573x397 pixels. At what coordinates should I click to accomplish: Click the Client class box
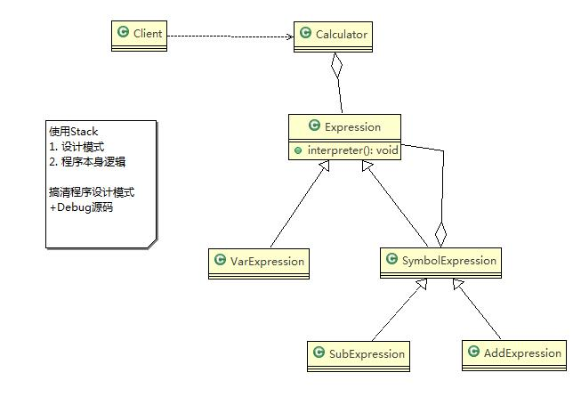point(139,36)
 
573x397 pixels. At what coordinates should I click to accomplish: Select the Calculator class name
point(342,35)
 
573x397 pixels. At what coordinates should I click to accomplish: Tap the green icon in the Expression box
point(314,126)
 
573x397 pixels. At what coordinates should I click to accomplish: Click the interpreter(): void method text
point(352,150)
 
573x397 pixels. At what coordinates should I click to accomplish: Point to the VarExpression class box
point(259,263)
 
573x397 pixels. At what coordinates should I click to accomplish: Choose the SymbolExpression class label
point(449,260)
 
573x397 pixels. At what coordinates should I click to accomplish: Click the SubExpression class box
point(359,356)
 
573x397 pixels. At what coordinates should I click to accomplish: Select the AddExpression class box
point(514,355)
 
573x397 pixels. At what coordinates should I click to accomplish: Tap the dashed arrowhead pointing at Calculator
point(290,36)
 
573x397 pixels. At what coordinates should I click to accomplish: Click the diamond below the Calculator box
point(336,66)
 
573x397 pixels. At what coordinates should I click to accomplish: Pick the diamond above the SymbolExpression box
point(440,235)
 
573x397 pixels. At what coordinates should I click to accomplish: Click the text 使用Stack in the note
point(74,132)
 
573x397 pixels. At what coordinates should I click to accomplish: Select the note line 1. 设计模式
point(77,147)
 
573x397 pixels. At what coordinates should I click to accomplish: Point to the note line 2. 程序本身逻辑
point(87,162)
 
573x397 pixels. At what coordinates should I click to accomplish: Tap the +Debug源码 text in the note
point(81,207)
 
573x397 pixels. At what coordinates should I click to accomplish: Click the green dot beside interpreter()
point(298,150)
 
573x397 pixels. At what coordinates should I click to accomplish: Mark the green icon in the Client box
point(123,32)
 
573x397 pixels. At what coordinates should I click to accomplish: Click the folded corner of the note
point(152,244)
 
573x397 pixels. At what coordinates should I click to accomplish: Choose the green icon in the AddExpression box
point(473,352)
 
